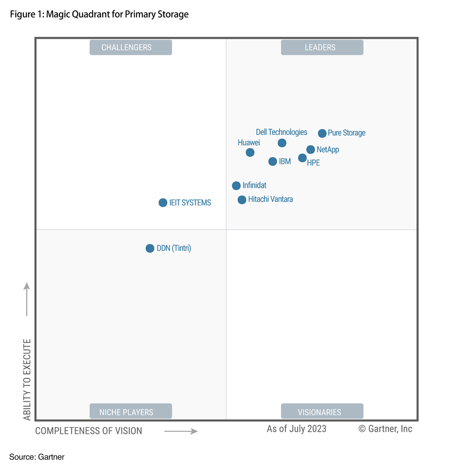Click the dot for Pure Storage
(322, 133)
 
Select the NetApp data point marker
(310, 150)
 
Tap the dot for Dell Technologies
(282, 143)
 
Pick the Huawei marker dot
(250, 152)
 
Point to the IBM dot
(273, 161)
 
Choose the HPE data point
(302, 158)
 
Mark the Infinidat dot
(236, 185)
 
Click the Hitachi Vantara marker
(242, 200)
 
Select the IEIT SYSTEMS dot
(163, 203)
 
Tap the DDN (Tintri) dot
(150, 249)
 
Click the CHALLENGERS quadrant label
(130, 48)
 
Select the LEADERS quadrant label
(322, 48)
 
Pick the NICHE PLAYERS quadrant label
(130, 412)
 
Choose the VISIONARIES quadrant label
(322, 412)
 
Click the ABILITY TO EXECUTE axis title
(27, 379)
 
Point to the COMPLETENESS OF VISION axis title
(89, 431)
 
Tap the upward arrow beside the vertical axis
(27, 299)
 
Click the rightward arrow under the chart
(181, 431)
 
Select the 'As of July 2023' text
(296, 429)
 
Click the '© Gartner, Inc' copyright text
(386, 429)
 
